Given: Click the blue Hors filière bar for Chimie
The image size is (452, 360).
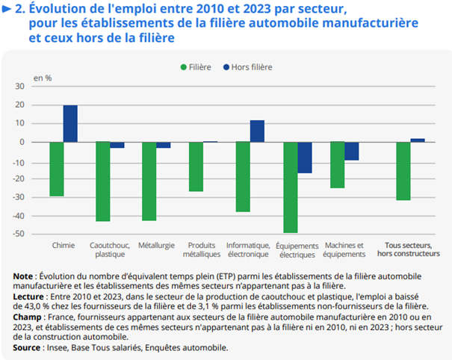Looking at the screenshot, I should pos(70,123).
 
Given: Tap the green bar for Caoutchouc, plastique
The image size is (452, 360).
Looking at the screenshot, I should pos(102,181).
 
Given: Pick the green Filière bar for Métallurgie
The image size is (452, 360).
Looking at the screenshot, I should pos(149,181).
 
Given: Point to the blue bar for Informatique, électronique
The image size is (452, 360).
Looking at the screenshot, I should pos(257,131).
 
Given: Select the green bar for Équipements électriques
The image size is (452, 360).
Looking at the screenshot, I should pos(290,187).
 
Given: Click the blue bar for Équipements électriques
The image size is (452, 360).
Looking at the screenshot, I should pos(304,158).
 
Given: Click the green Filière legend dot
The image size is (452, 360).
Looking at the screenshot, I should pos(183,67).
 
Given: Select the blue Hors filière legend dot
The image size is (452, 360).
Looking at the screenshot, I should pos(226,67).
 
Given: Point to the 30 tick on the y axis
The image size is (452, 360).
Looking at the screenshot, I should pos(40,87).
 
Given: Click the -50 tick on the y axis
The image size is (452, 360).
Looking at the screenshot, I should pos(38,234).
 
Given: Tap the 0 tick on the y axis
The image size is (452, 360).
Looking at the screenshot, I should pos(43,142).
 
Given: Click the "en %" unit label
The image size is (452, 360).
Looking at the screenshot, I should pos(43,77).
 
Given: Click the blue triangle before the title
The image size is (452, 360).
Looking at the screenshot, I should pos(7,9).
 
